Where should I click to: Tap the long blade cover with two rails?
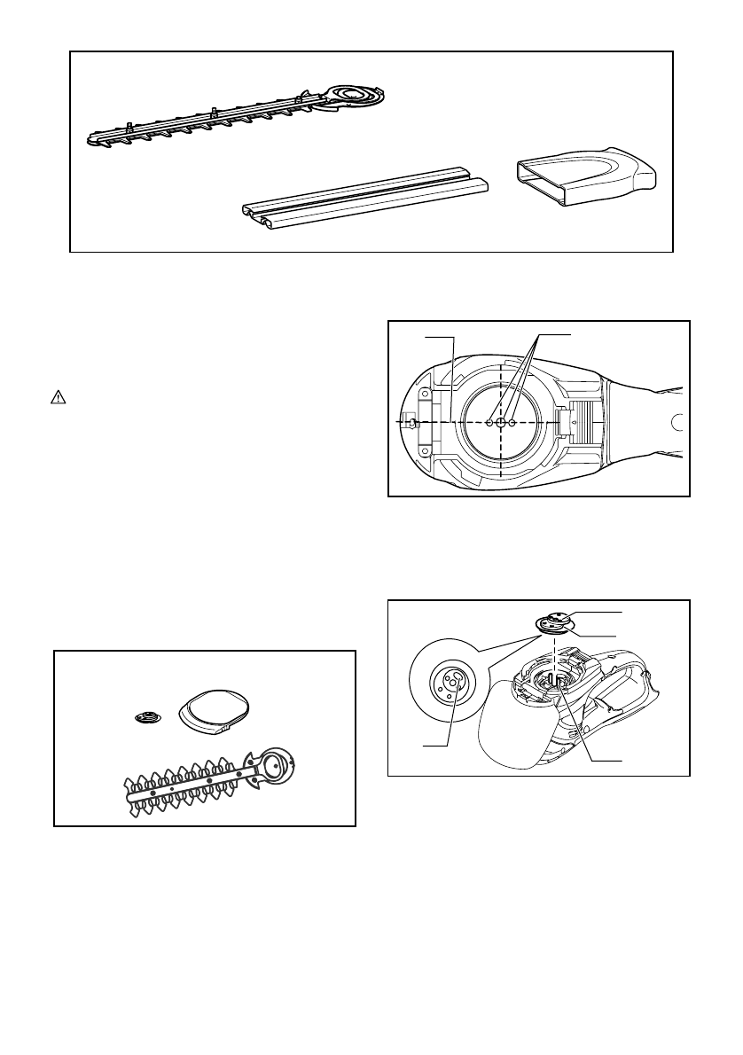[x=365, y=200]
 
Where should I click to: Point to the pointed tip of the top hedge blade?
[x=91, y=138]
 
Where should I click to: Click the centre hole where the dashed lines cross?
[x=501, y=423]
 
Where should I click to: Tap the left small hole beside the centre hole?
[x=489, y=423]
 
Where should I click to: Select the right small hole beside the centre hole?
[x=513, y=423]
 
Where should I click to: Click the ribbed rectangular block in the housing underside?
[x=581, y=424]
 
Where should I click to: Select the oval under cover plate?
[x=215, y=707]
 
